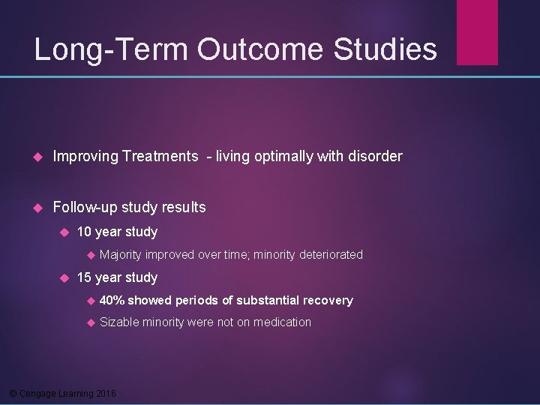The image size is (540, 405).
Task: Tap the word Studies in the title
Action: coord(385,49)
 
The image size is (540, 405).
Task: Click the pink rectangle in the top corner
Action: coord(477,31)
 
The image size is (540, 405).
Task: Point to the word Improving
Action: coord(86,157)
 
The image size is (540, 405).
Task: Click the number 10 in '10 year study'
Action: coord(84,232)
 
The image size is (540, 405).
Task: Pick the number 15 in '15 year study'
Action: coord(84,277)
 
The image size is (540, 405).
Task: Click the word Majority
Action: coord(121,255)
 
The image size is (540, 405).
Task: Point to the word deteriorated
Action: coord(331,255)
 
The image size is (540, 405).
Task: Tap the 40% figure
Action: coord(112,301)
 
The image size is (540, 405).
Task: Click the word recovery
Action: coord(328,301)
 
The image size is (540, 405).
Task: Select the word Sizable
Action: coord(118,322)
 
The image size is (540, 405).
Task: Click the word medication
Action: coord(283,322)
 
